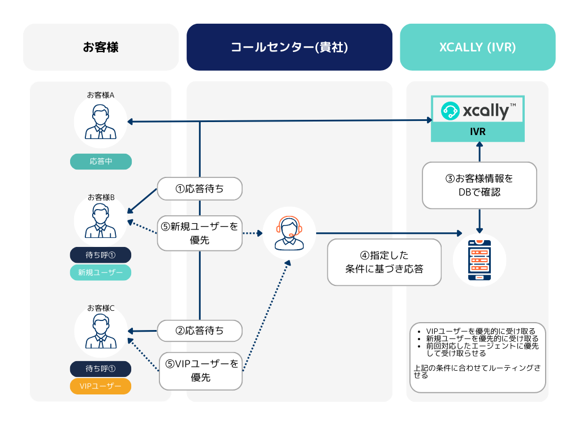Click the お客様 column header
(101, 47)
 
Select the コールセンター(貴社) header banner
(289, 47)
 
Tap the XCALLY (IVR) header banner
(477, 47)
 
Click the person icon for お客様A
(101, 121)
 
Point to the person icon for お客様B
(101, 221)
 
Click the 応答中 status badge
(101, 162)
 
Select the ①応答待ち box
(200, 189)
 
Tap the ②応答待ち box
(200, 331)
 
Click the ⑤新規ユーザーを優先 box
(200, 233)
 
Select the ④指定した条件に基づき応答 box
(384, 262)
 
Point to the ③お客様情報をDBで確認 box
(479, 185)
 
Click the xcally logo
(478, 111)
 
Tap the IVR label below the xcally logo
(478, 132)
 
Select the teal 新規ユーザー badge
(101, 272)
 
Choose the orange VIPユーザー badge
(101, 386)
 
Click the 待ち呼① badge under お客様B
(101, 255)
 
